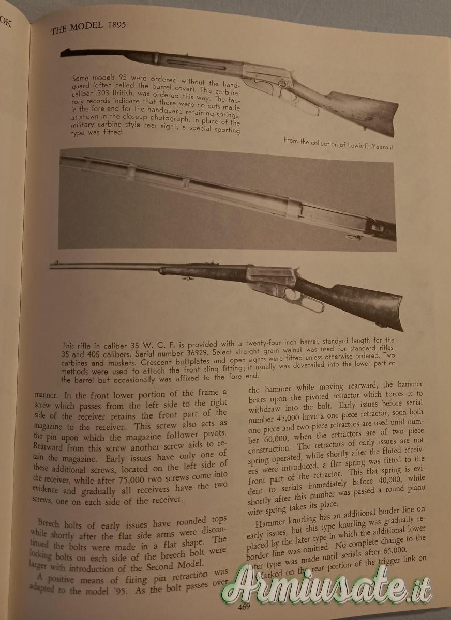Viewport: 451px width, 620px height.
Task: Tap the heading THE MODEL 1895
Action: [x=88, y=27]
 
